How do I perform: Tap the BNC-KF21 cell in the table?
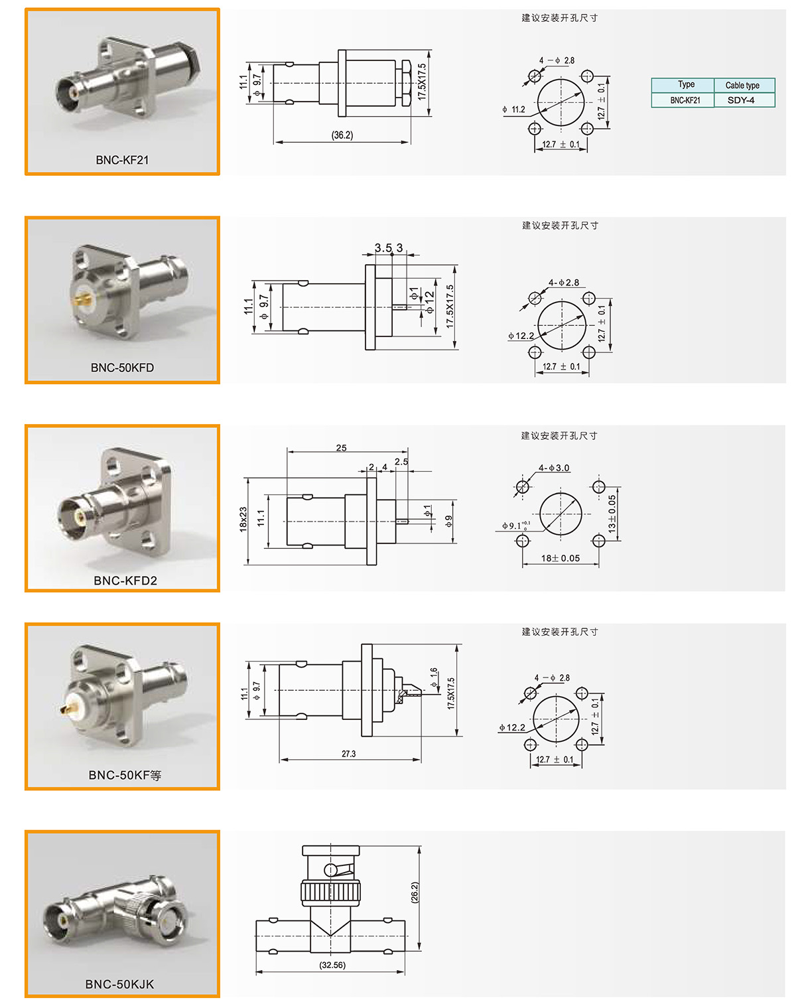(685, 100)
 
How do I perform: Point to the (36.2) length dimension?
(342, 135)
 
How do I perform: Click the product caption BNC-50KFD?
(122, 368)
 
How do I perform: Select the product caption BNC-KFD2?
(125, 581)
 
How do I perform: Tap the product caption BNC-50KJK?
(119, 983)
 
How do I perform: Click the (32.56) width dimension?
(332, 965)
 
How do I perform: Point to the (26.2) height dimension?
(415, 893)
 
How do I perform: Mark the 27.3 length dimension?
(348, 754)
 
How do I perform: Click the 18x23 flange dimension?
(243, 519)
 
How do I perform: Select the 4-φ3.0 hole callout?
(554, 468)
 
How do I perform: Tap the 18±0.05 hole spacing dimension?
(561, 558)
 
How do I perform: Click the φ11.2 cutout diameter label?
(513, 109)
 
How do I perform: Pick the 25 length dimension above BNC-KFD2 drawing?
(341, 448)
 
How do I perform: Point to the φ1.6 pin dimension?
(434, 678)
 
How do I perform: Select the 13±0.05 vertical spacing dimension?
(612, 514)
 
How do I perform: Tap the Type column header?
(686, 84)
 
